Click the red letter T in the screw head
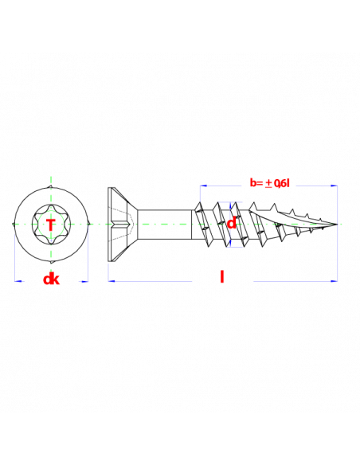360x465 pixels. click(51, 225)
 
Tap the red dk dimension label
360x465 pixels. click(51, 279)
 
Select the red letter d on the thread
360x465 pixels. click(232, 223)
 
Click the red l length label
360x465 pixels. click(221, 276)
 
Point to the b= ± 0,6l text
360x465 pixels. click(269, 183)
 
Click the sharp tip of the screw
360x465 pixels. click(337, 225)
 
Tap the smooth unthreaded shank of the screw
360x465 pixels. click(165, 225)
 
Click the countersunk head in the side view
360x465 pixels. click(122, 225)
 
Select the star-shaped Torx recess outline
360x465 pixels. click(51, 225)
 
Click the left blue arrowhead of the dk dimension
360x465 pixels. click(18, 281)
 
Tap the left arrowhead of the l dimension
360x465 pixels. click(112, 281)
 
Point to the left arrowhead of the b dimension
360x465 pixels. click(203, 186)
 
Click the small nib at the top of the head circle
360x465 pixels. click(51, 186)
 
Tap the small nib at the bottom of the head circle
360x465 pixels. click(52, 262)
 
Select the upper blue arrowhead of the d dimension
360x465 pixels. click(230, 205)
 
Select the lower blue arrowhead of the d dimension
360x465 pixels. click(230, 244)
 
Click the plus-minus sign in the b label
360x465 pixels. click(268, 183)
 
